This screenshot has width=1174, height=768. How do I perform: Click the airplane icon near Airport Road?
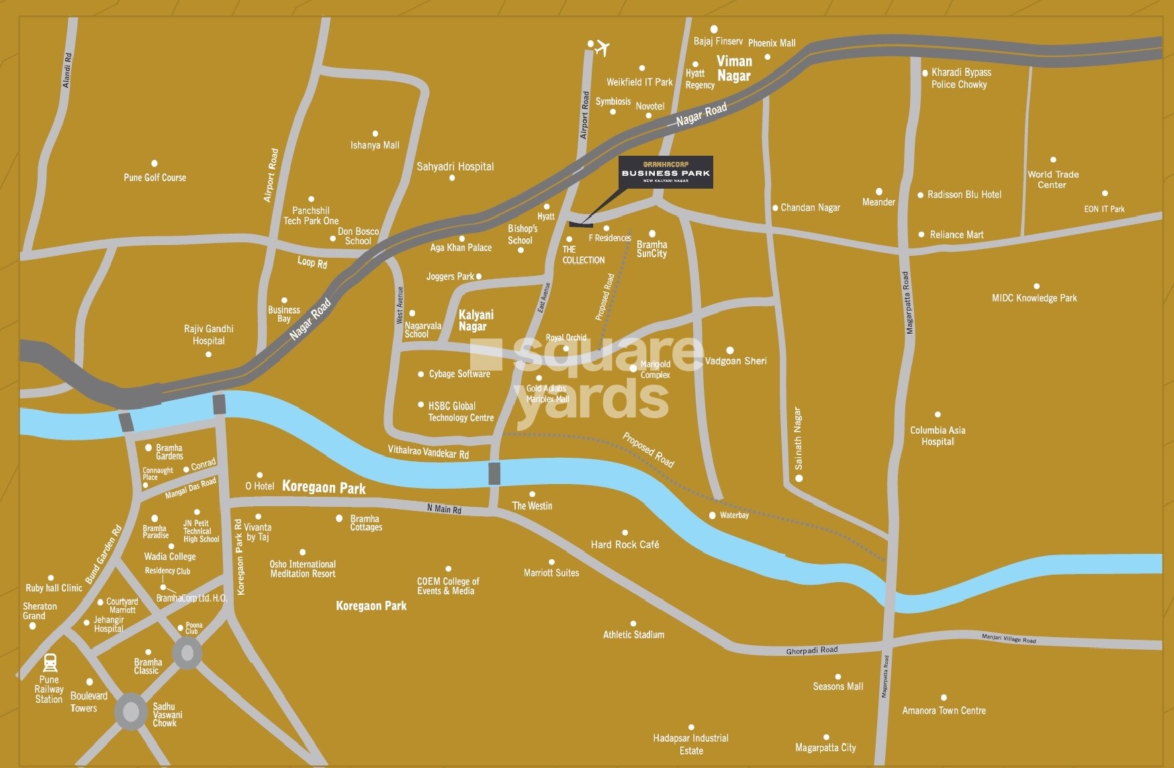click(602, 48)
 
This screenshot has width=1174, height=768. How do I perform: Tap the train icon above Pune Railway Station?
click(50, 663)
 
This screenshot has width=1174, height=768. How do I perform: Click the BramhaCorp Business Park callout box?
click(665, 172)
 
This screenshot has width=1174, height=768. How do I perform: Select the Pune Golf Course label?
click(154, 177)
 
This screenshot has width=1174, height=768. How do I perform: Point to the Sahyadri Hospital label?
click(455, 166)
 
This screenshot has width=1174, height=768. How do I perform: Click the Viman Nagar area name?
click(733, 68)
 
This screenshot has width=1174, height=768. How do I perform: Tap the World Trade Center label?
click(1052, 179)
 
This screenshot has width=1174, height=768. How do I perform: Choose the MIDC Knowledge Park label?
click(1034, 298)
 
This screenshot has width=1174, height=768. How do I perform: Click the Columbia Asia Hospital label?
click(938, 436)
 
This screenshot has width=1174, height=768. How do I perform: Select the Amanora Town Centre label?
click(944, 710)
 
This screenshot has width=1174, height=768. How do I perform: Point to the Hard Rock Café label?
click(625, 544)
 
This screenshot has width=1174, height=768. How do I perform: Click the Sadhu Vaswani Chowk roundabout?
click(131, 712)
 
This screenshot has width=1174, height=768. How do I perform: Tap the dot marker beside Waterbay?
click(713, 516)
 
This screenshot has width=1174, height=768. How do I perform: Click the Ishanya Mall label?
click(375, 145)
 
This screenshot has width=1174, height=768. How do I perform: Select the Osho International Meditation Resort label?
click(302, 569)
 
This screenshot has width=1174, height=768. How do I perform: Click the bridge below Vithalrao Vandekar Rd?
click(494, 473)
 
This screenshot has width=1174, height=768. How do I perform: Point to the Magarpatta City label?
click(825, 747)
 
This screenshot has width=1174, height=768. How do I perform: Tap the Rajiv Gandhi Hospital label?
click(208, 334)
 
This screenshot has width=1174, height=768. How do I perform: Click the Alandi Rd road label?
click(66, 70)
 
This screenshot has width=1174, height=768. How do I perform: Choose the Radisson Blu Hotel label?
click(964, 195)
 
